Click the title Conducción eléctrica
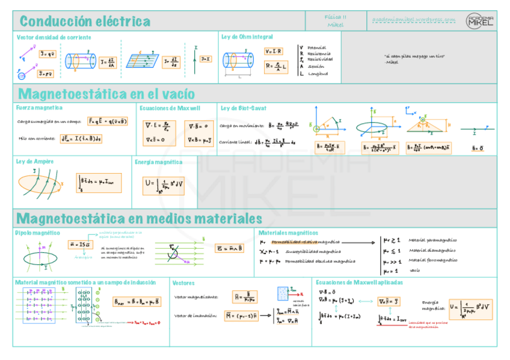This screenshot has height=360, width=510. pyautogui.click(x=85, y=22)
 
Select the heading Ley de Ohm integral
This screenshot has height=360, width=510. pyautogui.click(x=247, y=37)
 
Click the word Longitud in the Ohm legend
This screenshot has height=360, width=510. pyautogui.click(x=318, y=73)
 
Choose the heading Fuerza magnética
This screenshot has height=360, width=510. pyautogui.click(x=39, y=108)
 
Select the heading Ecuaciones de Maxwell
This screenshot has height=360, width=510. pyautogui.click(x=170, y=108)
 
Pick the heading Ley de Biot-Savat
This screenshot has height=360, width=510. pyautogui.click(x=245, y=108)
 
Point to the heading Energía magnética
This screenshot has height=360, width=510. pyautogui.click(x=158, y=162)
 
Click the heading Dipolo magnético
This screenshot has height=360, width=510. pyautogui.click(x=38, y=232)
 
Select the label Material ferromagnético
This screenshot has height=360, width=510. pyautogui.click(x=433, y=260)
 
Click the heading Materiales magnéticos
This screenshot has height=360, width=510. pyautogui.click(x=288, y=232)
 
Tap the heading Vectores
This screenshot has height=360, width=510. pyautogui.click(x=183, y=282)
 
